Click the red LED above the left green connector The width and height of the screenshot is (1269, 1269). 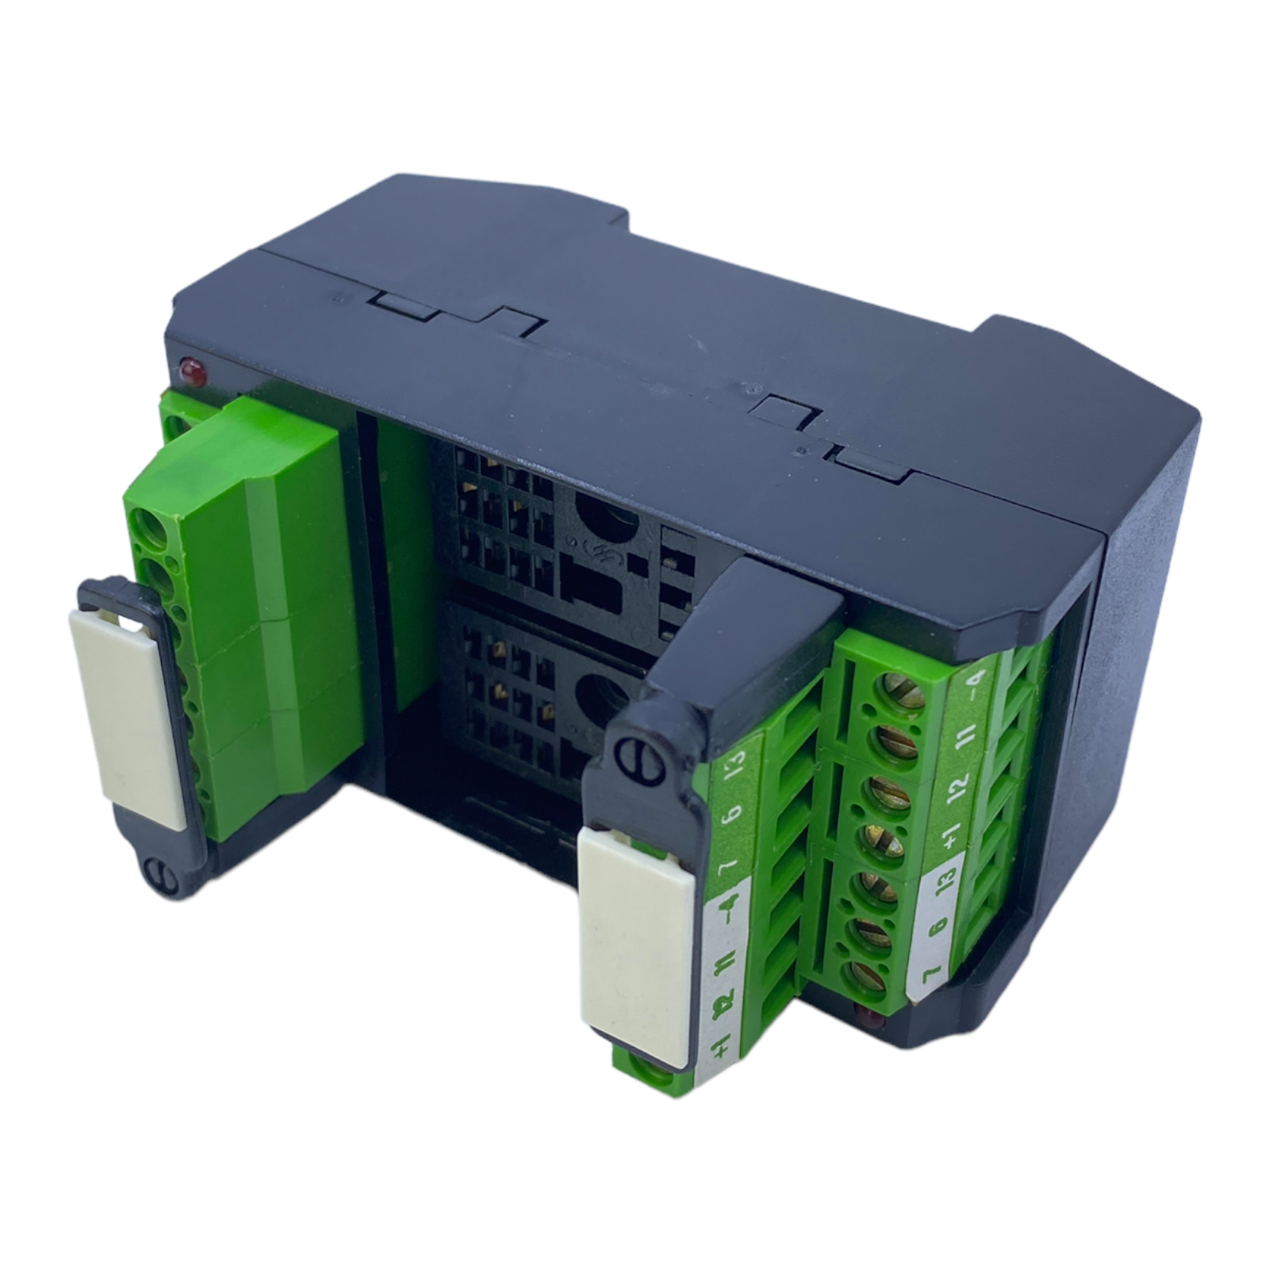coord(191,370)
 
